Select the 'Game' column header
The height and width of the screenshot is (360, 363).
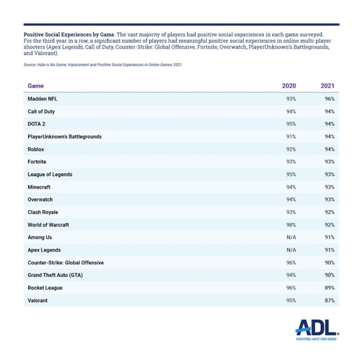(36, 86)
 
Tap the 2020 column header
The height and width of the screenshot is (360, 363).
(289, 86)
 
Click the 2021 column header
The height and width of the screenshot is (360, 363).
(327, 86)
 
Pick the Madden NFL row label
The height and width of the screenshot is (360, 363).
(42, 99)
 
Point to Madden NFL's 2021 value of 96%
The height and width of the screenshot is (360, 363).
(329, 99)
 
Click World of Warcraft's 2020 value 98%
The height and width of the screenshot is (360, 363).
(290, 225)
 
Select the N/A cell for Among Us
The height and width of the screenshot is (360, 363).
(290, 238)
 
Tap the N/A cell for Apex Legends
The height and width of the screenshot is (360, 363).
(290, 250)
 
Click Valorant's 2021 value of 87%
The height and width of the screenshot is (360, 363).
(329, 300)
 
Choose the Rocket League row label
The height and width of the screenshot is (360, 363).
(45, 288)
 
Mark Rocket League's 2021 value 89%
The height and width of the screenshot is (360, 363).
(329, 288)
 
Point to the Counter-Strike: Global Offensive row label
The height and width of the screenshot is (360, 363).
(66, 263)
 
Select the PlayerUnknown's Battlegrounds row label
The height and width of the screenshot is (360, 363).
(64, 136)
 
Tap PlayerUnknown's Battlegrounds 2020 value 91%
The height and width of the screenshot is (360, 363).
(290, 136)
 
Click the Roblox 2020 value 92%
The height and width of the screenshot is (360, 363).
(290, 149)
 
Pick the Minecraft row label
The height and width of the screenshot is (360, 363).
(39, 187)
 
